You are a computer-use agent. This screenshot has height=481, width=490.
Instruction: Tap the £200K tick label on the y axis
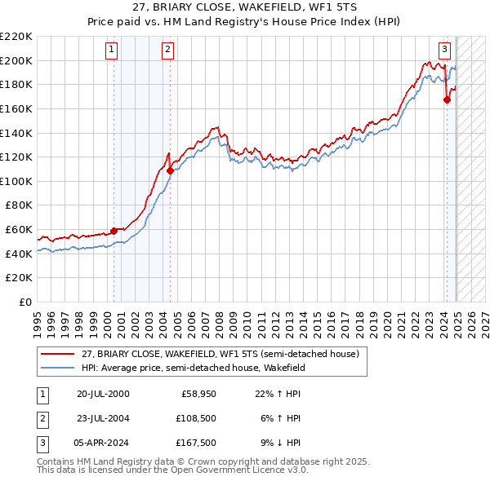coord(16,60)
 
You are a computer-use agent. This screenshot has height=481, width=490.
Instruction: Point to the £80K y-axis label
coord(19,205)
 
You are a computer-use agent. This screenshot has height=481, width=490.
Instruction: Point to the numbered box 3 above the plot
coord(444,49)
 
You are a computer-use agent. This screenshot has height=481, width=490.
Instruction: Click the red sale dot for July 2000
coord(114,231)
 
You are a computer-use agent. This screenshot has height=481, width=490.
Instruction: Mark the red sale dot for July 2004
coord(170,171)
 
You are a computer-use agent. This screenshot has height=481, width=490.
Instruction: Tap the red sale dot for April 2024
coord(447,99)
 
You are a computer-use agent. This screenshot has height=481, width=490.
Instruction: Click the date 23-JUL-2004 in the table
coord(102,418)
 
